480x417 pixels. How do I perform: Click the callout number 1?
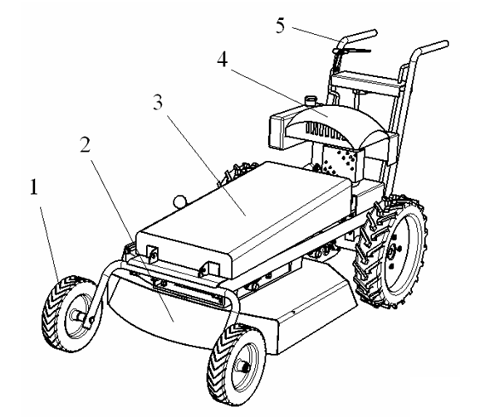pyautogui.click(x=34, y=187)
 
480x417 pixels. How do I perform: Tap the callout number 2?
pyautogui.click(x=86, y=144)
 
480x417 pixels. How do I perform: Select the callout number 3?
pyautogui.click(x=158, y=102)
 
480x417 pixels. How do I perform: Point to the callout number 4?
pyautogui.click(x=223, y=59)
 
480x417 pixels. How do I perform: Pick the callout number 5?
pyautogui.click(x=280, y=26)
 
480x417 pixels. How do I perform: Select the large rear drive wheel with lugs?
pyautogui.click(x=390, y=251)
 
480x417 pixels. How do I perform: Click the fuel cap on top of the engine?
pyautogui.click(x=310, y=100)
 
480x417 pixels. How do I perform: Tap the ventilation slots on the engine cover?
pyautogui.click(x=327, y=131)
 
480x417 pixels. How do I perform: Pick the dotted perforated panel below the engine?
pyautogui.click(x=339, y=162)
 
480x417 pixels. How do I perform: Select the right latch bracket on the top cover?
pyautogui.click(x=211, y=269)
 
